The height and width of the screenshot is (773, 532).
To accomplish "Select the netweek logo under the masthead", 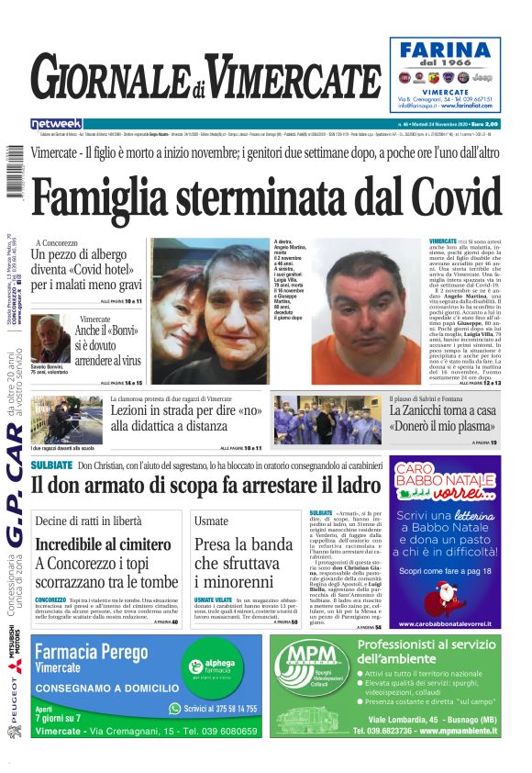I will [56, 124].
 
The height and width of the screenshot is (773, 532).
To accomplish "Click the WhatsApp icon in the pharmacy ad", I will [175, 708].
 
